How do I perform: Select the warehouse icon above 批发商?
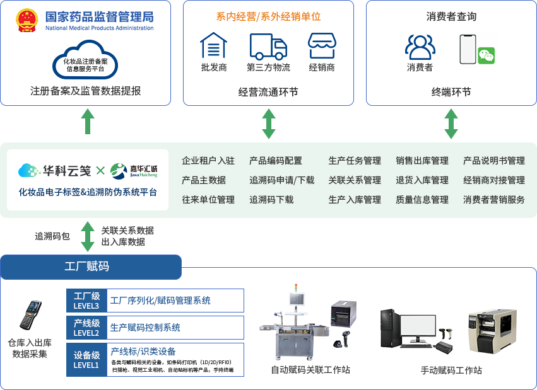[x=213, y=45]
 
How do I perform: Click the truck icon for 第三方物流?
[x=268, y=46]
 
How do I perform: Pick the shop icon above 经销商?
[x=322, y=45]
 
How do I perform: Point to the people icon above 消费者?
[x=420, y=47]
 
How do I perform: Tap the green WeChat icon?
[x=486, y=55]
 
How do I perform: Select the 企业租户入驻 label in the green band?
[x=208, y=161]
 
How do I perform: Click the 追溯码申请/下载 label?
[x=281, y=180]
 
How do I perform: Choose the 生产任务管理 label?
[x=355, y=161]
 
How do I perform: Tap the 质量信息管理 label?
[x=422, y=200]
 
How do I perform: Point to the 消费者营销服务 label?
[x=494, y=200]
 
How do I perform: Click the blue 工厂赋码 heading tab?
[x=90, y=267]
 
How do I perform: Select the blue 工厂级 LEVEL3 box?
[x=86, y=301]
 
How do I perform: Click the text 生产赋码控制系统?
[x=145, y=328]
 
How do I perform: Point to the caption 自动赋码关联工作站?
[x=310, y=370]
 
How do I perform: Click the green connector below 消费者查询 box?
[x=451, y=123]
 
